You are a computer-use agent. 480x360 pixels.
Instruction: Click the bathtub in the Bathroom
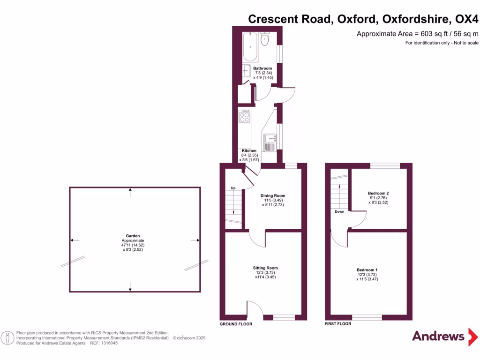pos(250,47)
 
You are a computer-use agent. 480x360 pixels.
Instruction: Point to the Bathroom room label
pos(262,68)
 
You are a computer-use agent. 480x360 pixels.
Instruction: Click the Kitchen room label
pos(249,150)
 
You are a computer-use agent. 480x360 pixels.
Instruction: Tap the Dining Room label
pos(273,195)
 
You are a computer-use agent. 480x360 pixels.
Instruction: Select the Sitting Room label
pos(266,268)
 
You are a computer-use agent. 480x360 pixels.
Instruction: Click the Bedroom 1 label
pos(367,270)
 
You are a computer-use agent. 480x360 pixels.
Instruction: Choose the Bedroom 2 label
pos(378,193)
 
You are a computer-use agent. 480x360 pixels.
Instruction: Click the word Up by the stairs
pos(232,188)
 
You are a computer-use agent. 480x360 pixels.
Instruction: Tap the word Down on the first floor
pos(340,211)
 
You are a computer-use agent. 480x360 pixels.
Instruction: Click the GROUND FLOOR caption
pos(236,324)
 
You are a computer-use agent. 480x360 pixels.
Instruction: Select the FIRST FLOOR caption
pos(338,324)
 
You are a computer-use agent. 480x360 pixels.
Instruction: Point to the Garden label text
pos(133,236)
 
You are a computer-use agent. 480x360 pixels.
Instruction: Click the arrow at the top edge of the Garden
pos(130,190)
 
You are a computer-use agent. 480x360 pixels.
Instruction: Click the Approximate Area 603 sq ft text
pos(417,33)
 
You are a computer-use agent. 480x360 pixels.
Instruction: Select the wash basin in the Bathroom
pos(247,72)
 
